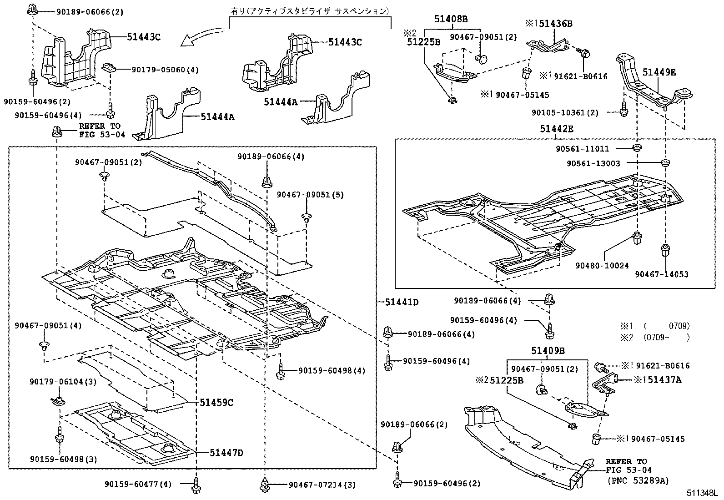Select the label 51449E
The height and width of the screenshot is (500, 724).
tap(659, 71)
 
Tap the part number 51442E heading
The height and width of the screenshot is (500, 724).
tap(557, 129)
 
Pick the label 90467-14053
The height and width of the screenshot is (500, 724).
tap(662, 274)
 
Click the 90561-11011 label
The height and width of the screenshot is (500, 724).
tap(583, 149)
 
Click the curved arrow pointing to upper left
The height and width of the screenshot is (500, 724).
tap(201, 37)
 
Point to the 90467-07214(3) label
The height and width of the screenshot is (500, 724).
tap(322, 485)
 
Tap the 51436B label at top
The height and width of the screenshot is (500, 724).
tap(551, 24)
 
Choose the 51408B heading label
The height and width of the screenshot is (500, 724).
tap(451, 19)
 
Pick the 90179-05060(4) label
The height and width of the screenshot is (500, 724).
tap(165, 70)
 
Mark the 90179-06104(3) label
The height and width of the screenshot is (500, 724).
tap(63, 382)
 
